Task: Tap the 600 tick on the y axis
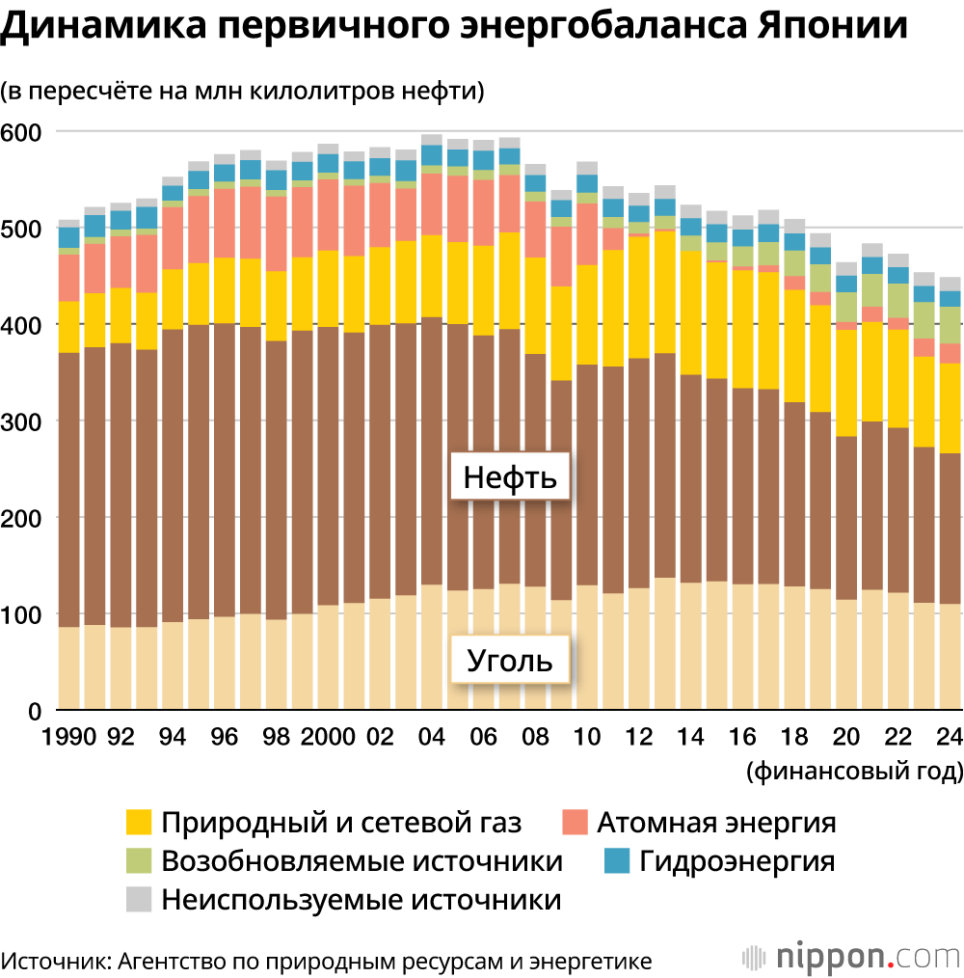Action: coord(20,132)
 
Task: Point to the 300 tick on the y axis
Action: coord(20,421)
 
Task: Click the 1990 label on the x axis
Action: coord(69,737)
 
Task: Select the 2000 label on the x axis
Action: coord(327,737)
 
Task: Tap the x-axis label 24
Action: coord(950,737)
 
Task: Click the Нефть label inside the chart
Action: coord(510,478)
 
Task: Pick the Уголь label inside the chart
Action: coord(510,661)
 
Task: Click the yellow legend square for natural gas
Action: coord(140,823)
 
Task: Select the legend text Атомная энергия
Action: coord(716,823)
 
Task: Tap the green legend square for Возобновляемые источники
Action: coord(140,861)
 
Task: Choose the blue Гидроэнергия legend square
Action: coord(615,861)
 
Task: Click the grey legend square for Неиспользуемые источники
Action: coord(140,900)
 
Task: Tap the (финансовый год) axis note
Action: coord(853,773)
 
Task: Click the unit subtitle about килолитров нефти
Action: coord(242,92)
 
